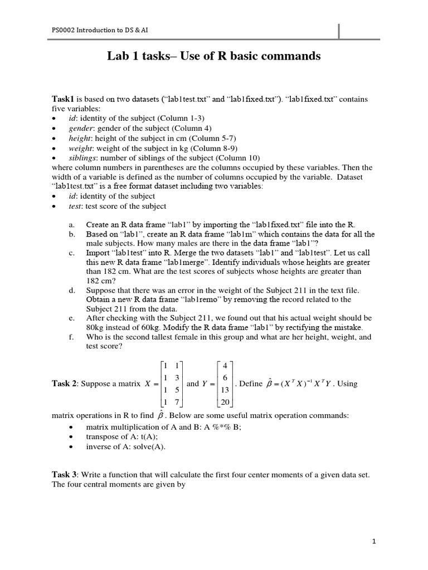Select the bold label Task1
[63, 99]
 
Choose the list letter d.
[72, 291]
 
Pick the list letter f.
[71, 337]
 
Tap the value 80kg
[96, 327]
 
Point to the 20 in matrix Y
[225, 402]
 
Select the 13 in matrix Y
[225, 390]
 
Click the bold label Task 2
[65, 384]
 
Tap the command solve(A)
[149, 446]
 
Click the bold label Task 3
[65, 474]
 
